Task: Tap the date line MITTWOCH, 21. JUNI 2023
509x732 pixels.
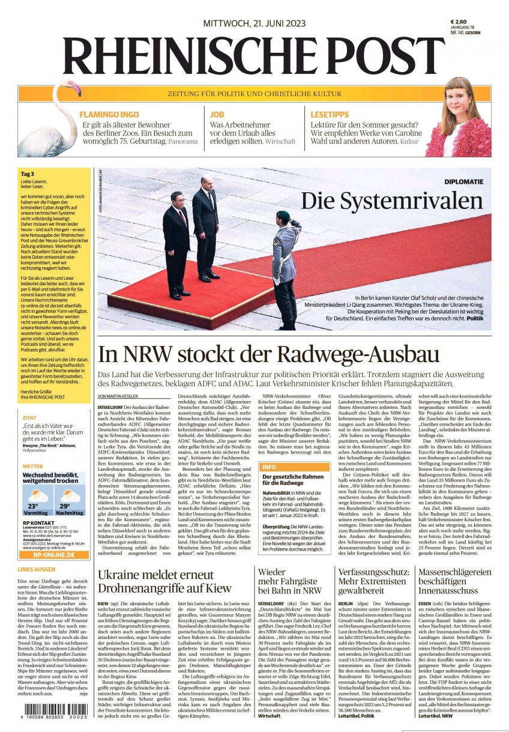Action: [254, 23]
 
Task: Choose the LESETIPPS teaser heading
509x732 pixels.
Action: [330, 114]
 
